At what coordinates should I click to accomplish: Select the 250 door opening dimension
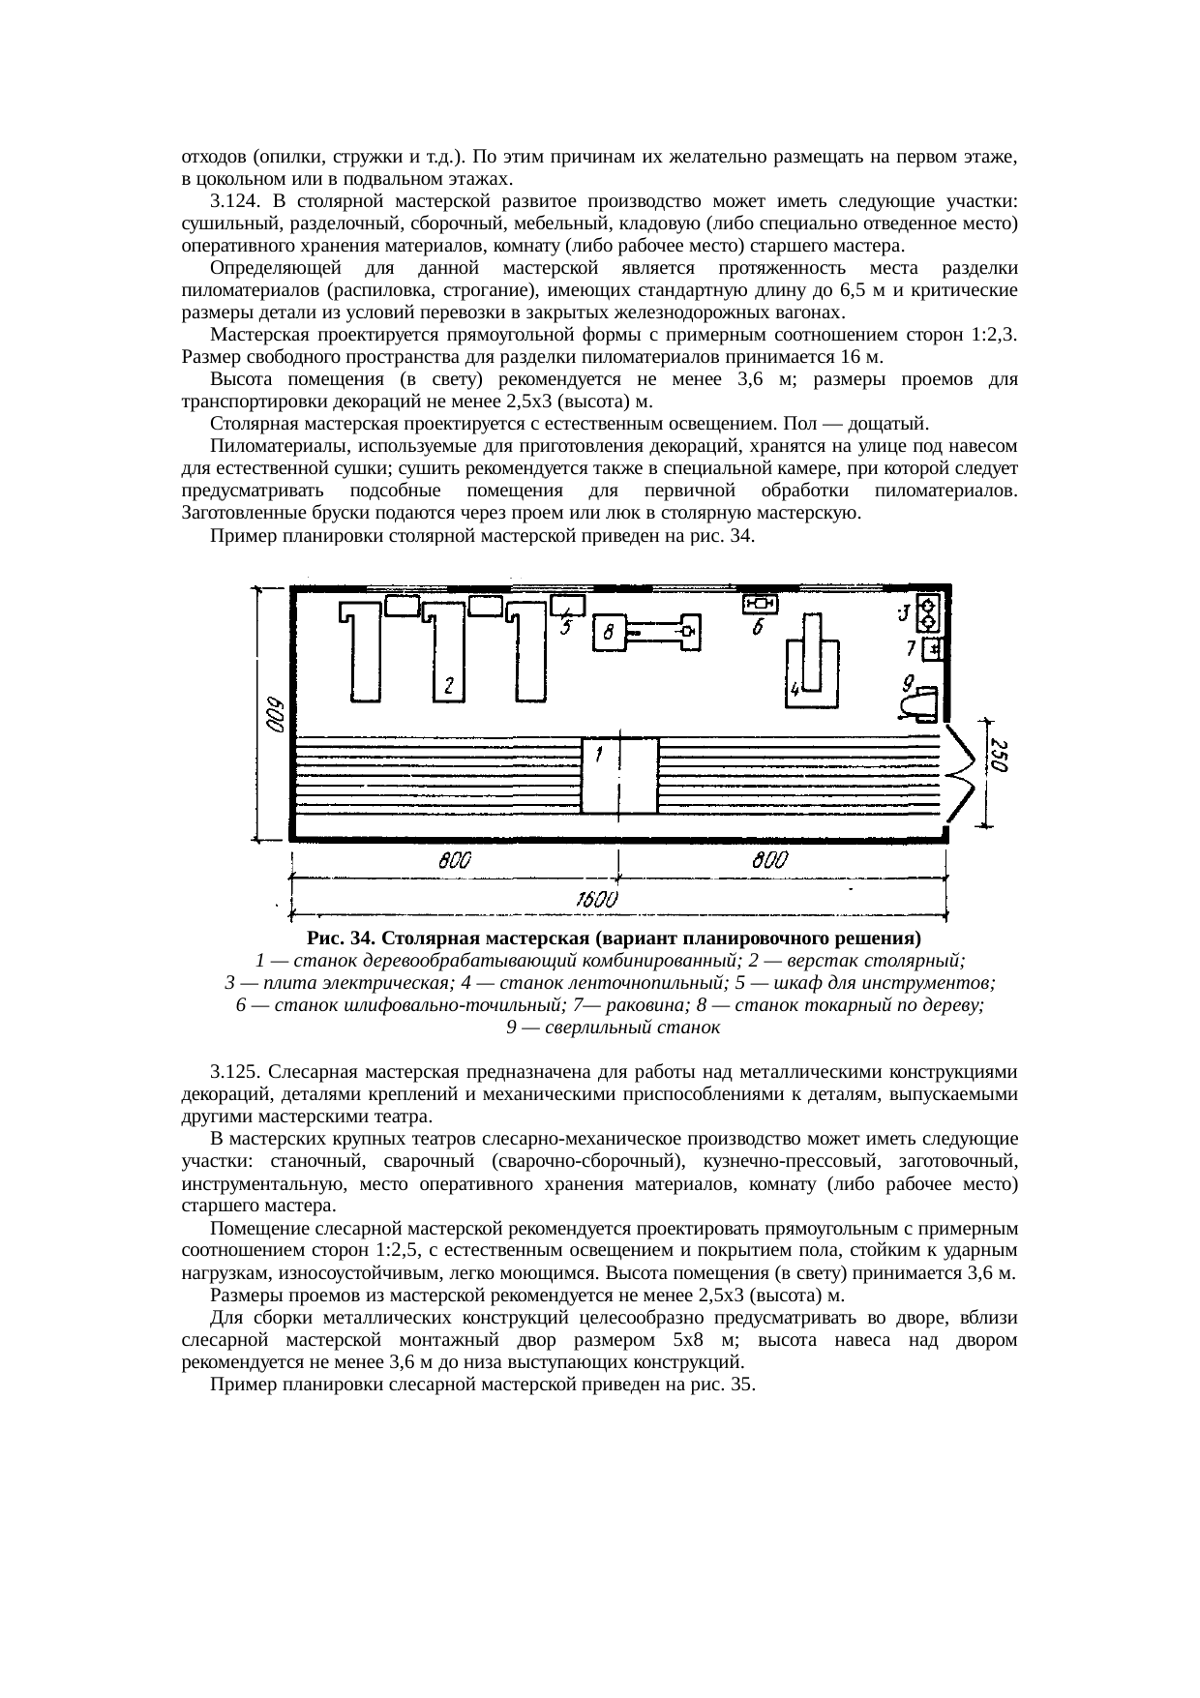(x=1000, y=757)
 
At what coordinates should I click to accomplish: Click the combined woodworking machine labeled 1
(x=619, y=776)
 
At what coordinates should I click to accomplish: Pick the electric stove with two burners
(x=928, y=614)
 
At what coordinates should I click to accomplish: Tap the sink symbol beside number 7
(x=932, y=649)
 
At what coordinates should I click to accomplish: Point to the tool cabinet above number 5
(x=567, y=605)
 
